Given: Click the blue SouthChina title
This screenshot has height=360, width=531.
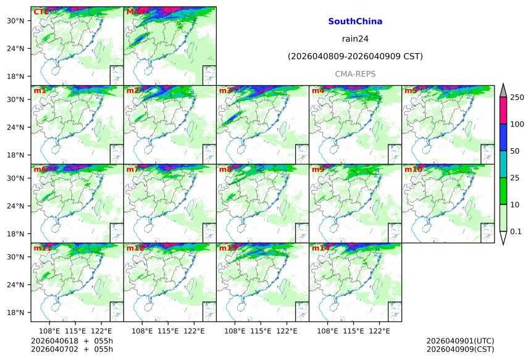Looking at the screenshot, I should click(355, 22).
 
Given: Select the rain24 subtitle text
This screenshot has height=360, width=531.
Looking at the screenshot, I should click(355, 39).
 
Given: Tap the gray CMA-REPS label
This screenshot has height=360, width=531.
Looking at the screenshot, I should click(355, 74).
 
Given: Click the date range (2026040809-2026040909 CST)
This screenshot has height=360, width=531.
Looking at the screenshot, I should click(355, 57).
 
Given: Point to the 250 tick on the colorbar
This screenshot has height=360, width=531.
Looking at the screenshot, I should click(517, 98).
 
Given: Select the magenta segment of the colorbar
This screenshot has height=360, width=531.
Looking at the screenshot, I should click(503, 111).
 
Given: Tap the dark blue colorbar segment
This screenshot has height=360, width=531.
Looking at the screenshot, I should click(503, 137).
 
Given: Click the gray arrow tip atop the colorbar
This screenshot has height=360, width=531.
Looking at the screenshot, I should click(503, 90).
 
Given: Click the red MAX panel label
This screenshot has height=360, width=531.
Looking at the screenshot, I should click(135, 12).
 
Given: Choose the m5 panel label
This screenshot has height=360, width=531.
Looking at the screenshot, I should click(411, 91).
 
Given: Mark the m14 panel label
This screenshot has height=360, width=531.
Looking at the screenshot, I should click(320, 248).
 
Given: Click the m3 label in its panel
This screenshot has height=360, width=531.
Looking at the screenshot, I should click(225, 91).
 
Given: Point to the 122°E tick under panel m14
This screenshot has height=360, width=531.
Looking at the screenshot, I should click(379, 332).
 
